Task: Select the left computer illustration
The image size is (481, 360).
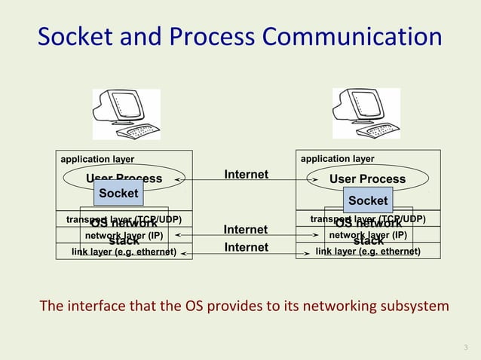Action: tap(126, 114)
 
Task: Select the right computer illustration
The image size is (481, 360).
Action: tap(366, 114)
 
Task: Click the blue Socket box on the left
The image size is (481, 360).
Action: tap(118, 194)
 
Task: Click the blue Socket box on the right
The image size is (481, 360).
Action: tap(367, 200)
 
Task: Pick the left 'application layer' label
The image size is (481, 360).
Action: tap(97, 160)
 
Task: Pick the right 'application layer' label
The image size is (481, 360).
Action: tap(337, 160)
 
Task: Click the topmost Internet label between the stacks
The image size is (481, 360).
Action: tap(246, 175)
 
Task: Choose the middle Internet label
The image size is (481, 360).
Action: tap(246, 230)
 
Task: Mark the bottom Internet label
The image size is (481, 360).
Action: tap(246, 248)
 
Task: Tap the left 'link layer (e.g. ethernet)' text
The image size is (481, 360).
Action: tap(124, 252)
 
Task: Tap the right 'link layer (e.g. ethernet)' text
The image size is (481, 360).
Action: tap(368, 252)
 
